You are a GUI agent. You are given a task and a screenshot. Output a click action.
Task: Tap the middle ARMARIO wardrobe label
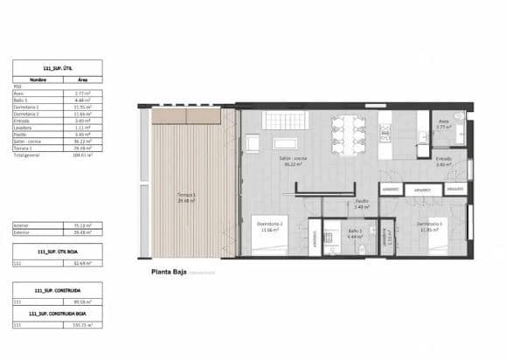[422, 189]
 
